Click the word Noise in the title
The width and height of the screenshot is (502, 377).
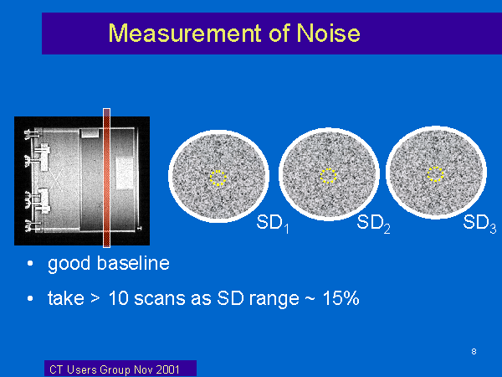click(x=328, y=33)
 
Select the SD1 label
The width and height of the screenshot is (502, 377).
click(x=273, y=224)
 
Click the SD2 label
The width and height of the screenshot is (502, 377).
click(x=373, y=224)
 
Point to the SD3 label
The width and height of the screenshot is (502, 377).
click(x=479, y=224)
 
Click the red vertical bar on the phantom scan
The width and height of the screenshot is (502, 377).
click(x=106, y=178)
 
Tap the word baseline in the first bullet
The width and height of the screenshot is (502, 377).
click(x=133, y=263)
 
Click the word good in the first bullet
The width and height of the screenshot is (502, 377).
click(x=69, y=265)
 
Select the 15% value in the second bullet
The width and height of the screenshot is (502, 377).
click(x=341, y=298)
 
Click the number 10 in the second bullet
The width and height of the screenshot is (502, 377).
click(x=119, y=298)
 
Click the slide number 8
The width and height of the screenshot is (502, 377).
click(x=474, y=351)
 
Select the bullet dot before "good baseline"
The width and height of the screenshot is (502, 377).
click(x=30, y=264)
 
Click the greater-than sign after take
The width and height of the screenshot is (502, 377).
click(x=95, y=299)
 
